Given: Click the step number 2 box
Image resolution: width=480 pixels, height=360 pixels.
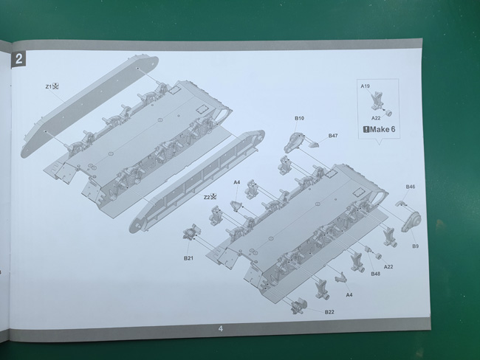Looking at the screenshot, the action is (x=18, y=59).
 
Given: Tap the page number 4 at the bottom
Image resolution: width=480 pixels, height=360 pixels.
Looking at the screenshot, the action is (x=221, y=329).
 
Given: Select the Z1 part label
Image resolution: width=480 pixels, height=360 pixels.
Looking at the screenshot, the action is (x=48, y=87).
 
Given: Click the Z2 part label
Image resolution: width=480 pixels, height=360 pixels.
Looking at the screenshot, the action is (x=207, y=197).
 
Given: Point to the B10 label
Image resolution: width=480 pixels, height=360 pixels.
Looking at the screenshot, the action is (x=299, y=118).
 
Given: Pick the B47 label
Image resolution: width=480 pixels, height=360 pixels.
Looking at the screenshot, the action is (x=333, y=136).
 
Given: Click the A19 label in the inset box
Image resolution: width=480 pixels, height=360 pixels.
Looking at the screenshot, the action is (x=366, y=86).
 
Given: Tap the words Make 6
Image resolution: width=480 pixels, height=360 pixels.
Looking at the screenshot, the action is (x=383, y=129).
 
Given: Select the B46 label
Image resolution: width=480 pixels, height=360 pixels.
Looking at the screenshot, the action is (x=411, y=187).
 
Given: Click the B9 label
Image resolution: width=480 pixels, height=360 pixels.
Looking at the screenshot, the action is (x=416, y=246).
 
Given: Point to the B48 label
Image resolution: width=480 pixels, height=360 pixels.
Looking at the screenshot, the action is (x=376, y=274).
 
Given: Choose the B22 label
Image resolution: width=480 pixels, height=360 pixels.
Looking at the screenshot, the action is (x=329, y=312).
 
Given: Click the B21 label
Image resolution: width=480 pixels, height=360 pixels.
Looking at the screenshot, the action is (x=188, y=258).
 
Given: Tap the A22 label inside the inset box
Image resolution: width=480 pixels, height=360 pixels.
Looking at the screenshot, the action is (x=376, y=118).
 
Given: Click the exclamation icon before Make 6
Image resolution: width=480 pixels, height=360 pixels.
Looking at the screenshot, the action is (x=366, y=129).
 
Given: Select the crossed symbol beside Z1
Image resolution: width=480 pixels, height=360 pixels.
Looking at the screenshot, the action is (x=55, y=86).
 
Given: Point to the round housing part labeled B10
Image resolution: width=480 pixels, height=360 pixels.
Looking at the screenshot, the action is (x=294, y=142).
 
